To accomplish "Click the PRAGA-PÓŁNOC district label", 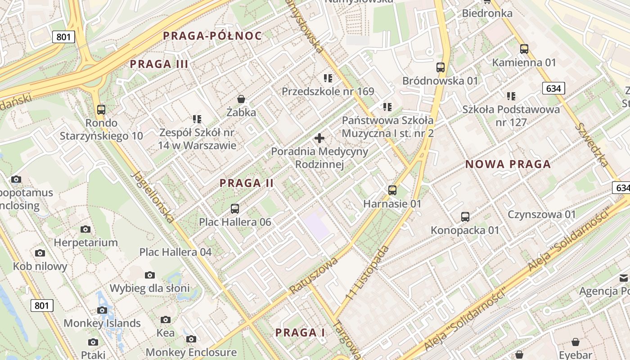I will coord(212,36).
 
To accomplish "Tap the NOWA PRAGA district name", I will coord(508,164).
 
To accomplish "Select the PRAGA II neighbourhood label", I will coord(247,183).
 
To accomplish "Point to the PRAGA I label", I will coord(300,333).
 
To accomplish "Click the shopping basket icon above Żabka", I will coord(241,99).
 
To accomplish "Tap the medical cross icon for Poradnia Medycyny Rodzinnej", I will coord(319,138).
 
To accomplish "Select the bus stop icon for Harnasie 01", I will coord(392,190).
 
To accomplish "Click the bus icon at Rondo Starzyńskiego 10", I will coord(101,109).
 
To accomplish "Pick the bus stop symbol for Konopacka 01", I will coord(465,217).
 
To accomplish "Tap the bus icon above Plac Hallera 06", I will coord(235,209).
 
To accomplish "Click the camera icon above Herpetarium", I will coord(85,229).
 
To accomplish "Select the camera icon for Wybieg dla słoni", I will coord(150,275).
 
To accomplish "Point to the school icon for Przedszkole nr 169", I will coord(328,78).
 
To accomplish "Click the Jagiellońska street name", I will coord(153,197).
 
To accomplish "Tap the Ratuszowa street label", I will coord(314,276).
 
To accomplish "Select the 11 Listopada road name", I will coord(367,274).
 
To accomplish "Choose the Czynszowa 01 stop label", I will coord(542,214).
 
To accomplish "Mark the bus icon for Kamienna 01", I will coord(524,49).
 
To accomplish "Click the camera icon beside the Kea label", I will coord(166,320).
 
